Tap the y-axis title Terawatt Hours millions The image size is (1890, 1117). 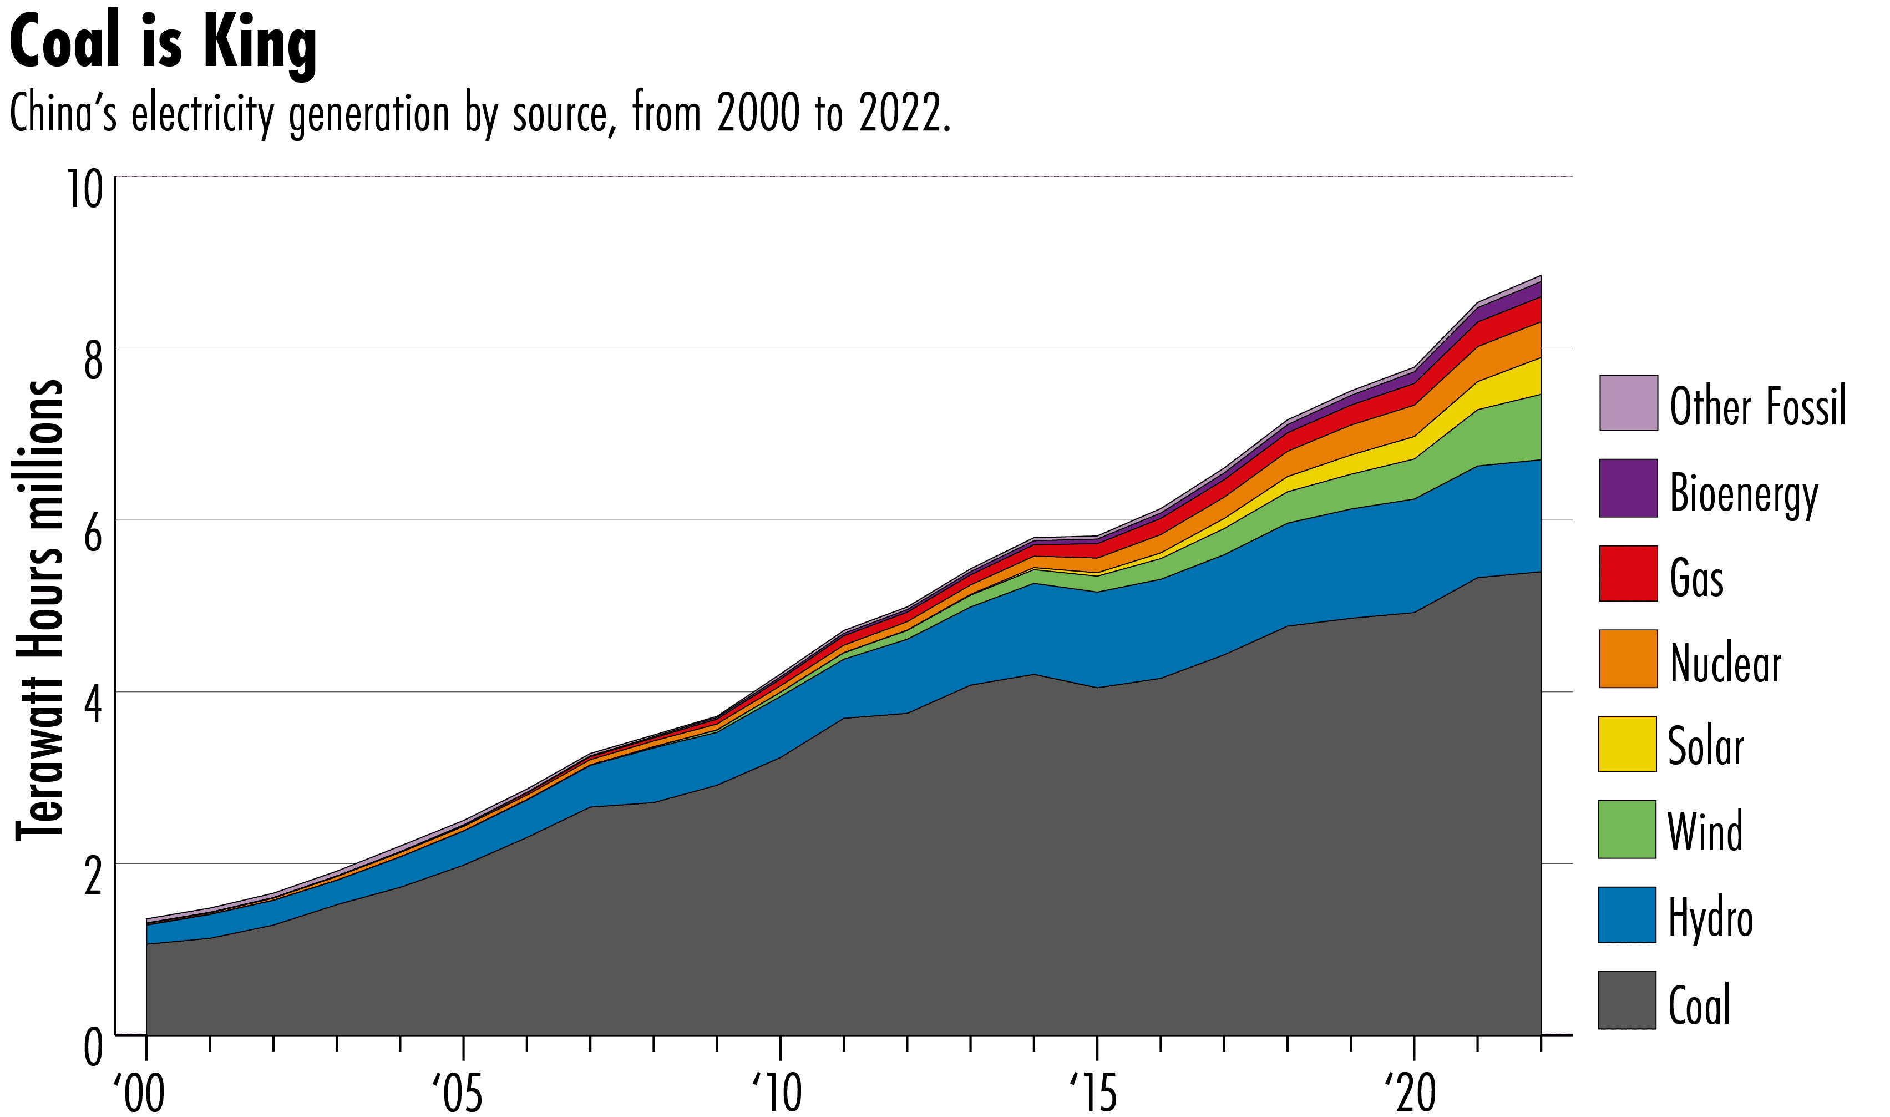click(x=39, y=610)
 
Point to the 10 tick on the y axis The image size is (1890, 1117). click(x=84, y=189)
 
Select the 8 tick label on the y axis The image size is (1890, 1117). click(x=93, y=361)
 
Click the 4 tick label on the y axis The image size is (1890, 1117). click(x=93, y=705)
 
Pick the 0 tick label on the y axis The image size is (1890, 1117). click(x=93, y=1047)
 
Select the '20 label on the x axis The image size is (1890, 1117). click(x=1411, y=1093)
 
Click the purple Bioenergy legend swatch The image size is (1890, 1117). click(x=1628, y=488)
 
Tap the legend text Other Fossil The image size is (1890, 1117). click(x=1757, y=406)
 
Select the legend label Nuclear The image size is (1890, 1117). click(x=1726, y=663)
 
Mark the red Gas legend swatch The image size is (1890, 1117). click(x=1628, y=574)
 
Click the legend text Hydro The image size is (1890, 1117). click(x=1711, y=918)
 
